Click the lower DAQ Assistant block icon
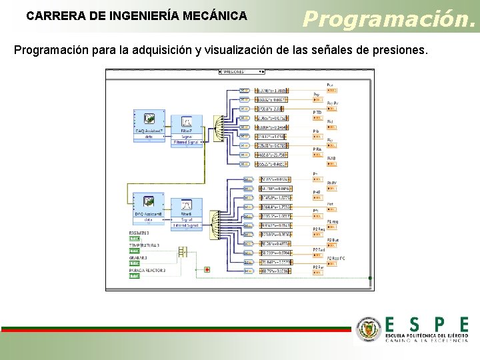[148, 203]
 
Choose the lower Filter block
[186, 208]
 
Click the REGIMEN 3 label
[140, 233]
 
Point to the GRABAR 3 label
[139, 258]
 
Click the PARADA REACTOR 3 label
[147, 271]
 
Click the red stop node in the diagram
[207, 269]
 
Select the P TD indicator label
[318, 111]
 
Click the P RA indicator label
[318, 149]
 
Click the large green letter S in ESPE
[414, 325]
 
